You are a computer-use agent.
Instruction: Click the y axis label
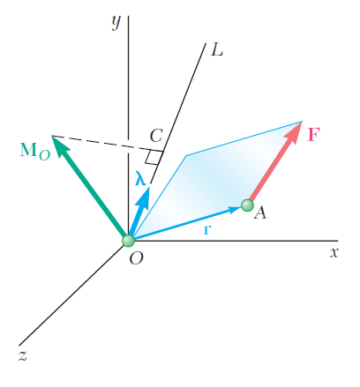pos(116,22)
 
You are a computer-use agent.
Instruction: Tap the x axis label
pos(334,253)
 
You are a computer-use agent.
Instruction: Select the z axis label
pos(23,355)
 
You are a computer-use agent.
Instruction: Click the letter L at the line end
pos(217,49)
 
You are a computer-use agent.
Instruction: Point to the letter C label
pos(156,136)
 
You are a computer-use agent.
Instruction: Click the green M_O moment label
pos(35,151)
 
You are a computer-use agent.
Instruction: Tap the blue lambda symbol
pos(140,178)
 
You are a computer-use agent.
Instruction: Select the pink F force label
pos(313,135)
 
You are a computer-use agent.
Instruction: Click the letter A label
pos(260,212)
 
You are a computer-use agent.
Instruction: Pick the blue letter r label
pos(207,229)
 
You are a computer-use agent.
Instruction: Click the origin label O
pos(136,258)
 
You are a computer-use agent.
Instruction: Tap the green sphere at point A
pos(247,205)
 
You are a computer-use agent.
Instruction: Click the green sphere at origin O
pos(129,241)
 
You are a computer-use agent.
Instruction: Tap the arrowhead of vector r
pos(236,210)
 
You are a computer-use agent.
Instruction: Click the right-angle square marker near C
pos(153,157)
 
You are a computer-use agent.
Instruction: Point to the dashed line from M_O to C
pos(108,144)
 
